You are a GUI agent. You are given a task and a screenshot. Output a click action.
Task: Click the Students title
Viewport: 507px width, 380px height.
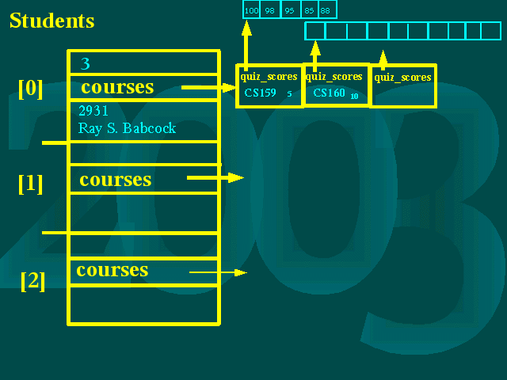[51, 21]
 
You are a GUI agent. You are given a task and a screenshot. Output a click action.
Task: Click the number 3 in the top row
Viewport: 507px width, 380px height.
[86, 63]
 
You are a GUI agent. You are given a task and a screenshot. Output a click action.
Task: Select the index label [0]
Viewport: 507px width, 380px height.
[31, 88]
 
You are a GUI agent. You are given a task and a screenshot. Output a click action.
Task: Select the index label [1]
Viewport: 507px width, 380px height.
[31, 184]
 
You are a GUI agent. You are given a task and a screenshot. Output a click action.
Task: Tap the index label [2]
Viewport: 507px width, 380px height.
[32, 281]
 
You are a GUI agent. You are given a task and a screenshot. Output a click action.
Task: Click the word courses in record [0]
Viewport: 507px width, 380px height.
[117, 87]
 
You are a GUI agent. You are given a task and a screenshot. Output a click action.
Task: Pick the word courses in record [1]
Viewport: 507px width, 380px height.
[116, 180]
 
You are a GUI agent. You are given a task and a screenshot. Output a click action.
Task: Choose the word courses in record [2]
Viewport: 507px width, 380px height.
[112, 270]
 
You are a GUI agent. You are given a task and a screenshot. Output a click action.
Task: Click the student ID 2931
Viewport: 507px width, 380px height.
[93, 111]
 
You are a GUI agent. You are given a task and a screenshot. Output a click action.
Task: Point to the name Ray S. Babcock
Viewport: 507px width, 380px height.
[127, 128]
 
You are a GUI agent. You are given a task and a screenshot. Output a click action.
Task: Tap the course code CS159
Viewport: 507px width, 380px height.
[260, 93]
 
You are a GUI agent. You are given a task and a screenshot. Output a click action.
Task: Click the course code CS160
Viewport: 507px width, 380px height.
[329, 93]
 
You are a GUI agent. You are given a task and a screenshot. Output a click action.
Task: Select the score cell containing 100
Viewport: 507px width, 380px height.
[252, 9]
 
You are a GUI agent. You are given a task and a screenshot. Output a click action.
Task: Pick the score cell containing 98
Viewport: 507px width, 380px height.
[271, 9]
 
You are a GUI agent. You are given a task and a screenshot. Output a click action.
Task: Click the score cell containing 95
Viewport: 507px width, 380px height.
[290, 9]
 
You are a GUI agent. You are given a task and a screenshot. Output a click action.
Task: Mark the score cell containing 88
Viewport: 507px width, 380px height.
[326, 9]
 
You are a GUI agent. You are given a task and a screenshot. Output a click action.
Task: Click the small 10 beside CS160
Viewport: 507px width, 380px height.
[354, 97]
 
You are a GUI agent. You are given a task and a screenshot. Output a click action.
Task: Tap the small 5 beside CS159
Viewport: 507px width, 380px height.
[289, 94]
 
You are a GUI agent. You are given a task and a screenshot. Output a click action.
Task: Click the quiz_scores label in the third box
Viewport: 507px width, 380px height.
[402, 78]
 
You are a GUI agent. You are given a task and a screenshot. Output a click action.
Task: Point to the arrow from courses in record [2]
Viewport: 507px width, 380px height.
[218, 272]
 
